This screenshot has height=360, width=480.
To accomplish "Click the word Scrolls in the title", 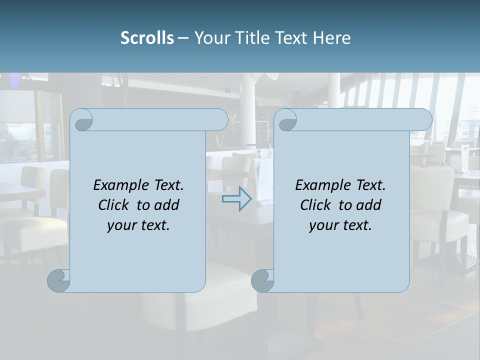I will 147,38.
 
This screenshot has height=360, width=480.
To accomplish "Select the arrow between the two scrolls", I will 237,199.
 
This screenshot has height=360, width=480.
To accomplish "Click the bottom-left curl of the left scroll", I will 59,280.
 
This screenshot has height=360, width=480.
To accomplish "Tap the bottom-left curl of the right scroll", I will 262,280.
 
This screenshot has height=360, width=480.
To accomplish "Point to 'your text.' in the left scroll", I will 138,225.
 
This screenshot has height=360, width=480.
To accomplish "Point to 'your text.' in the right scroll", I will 340,225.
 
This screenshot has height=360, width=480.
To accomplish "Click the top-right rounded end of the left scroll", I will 220,119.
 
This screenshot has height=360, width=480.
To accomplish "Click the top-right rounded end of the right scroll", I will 424,119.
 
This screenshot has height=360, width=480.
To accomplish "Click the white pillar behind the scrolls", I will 247,100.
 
